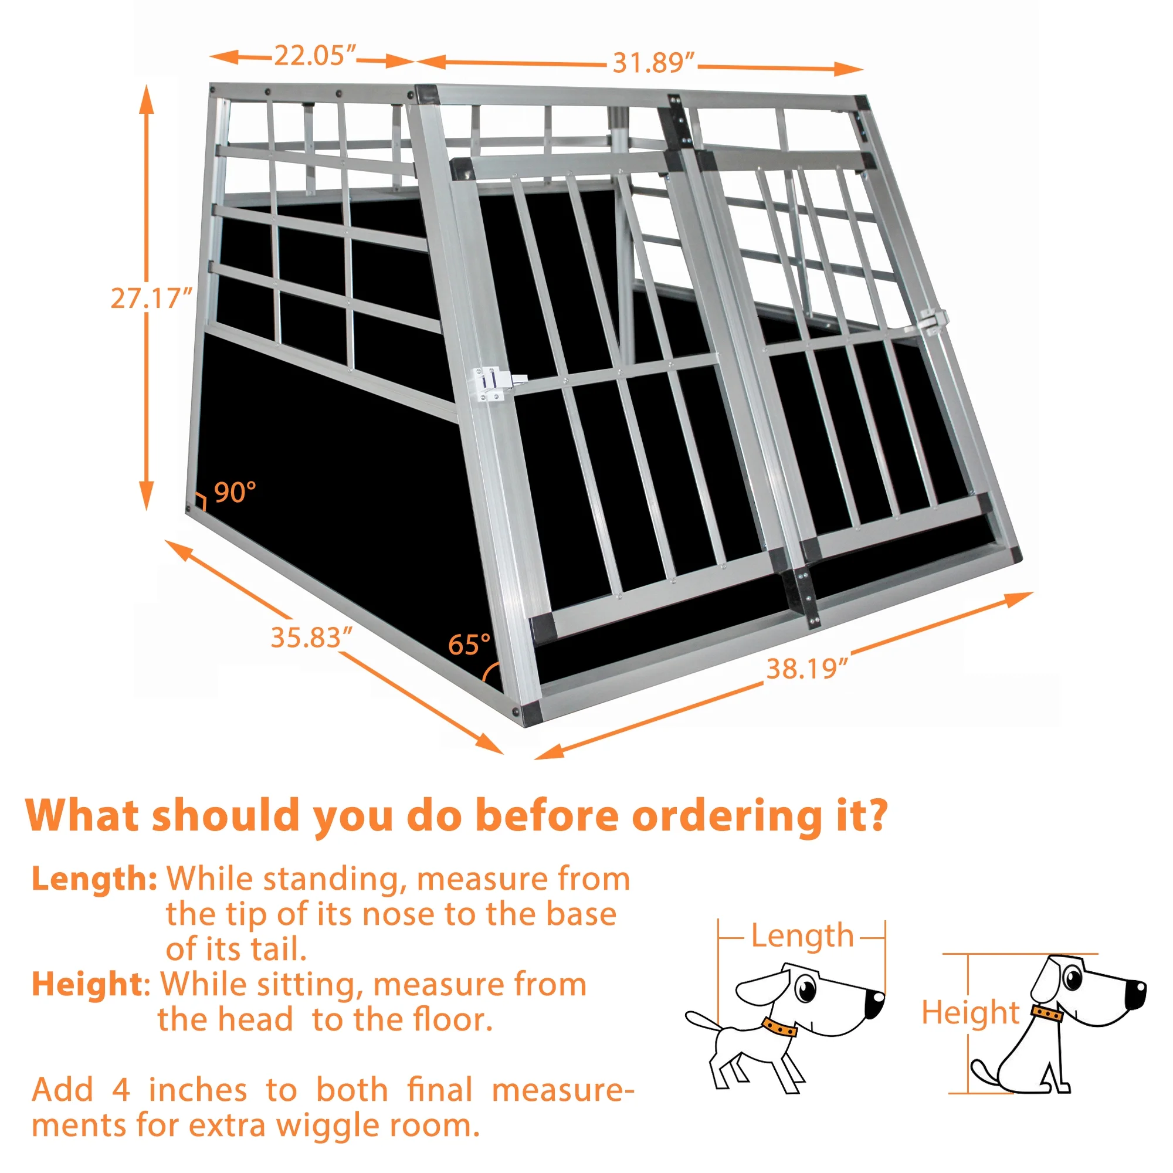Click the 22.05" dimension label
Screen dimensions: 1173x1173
(x=314, y=56)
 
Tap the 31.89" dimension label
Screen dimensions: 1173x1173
(x=653, y=63)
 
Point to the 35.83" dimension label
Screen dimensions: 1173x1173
(x=311, y=638)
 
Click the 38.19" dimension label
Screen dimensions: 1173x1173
(x=806, y=669)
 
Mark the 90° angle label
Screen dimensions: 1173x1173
(x=235, y=493)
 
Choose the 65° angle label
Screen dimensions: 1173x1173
(x=469, y=645)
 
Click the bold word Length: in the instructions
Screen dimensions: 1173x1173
(x=94, y=879)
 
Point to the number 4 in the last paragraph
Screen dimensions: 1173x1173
(x=121, y=1090)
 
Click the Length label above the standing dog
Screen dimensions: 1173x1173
(x=802, y=935)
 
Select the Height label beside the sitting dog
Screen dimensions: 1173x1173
(x=970, y=1013)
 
